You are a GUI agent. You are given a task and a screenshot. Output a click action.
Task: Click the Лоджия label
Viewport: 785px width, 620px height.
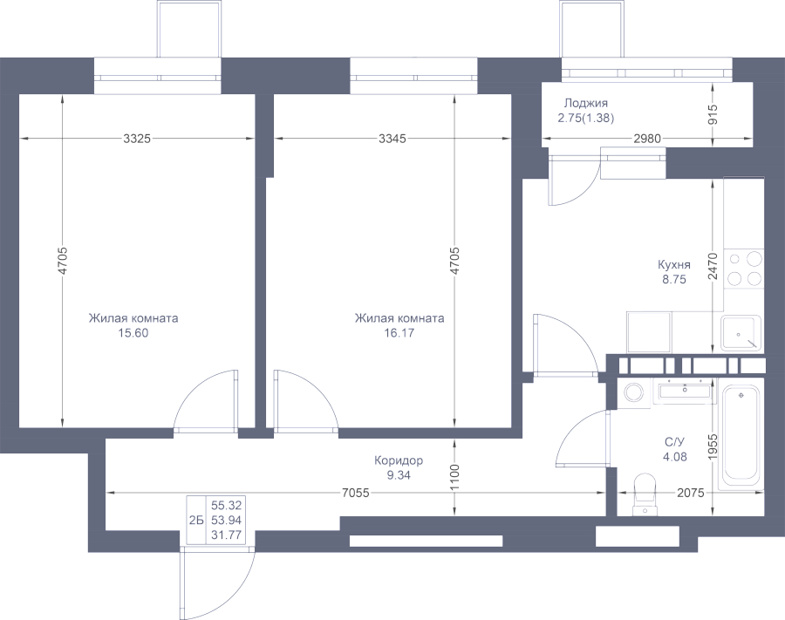pos(586,103)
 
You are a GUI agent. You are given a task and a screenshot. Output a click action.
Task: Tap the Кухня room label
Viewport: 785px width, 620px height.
pos(674,265)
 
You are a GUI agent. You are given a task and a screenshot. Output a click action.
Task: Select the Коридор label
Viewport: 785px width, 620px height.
pos(399,460)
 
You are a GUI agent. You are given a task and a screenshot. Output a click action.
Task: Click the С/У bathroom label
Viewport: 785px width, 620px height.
pos(674,442)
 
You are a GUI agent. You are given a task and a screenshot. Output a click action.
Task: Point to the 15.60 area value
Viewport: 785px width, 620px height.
pos(133,333)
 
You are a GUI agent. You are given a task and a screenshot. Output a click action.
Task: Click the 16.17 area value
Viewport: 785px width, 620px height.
pos(399,333)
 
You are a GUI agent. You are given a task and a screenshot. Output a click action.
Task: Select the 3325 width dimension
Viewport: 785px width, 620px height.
pos(137,139)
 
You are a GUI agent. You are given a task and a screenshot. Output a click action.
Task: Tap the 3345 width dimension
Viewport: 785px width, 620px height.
pos(392,139)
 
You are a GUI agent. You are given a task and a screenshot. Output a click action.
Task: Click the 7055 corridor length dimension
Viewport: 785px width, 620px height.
pos(356,493)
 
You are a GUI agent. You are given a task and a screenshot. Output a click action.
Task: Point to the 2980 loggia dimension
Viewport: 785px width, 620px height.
pos(647,139)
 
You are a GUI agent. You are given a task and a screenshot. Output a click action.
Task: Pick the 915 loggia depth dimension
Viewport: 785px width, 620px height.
pos(713,114)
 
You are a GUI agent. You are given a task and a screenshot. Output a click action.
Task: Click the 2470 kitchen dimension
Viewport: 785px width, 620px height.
pos(713,266)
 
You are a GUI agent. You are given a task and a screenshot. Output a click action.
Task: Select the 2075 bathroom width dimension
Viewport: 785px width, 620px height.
pos(691,493)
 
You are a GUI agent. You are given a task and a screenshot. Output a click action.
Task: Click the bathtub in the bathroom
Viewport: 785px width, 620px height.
pos(741,439)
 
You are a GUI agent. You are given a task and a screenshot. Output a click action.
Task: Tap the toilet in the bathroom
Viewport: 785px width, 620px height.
pos(645,494)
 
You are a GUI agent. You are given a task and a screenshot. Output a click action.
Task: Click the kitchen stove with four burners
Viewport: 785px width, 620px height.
pos(744,269)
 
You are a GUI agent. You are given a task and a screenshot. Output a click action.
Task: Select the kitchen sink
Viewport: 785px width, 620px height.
pos(741,333)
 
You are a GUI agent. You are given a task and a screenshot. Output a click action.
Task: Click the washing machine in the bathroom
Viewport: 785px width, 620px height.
pos(635,392)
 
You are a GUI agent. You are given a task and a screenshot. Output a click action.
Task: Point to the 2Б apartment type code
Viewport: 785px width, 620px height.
pos(195,521)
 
